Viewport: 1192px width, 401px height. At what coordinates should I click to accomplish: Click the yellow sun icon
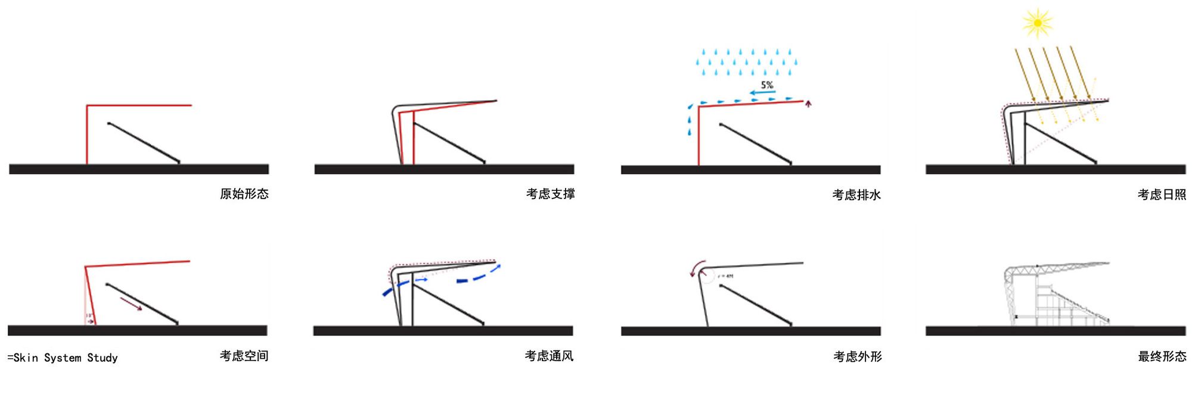click(1037, 23)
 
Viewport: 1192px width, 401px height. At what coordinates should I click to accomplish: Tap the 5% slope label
click(767, 85)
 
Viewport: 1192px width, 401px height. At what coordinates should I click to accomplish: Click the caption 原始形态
click(244, 194)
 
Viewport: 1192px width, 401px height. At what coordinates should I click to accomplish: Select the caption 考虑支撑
click(550, 194)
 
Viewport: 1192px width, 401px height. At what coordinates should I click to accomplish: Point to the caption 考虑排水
click(856, 195)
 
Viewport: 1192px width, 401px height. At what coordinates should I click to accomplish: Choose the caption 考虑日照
click(1162, 194)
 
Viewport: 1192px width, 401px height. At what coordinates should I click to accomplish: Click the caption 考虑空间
click(244, 356)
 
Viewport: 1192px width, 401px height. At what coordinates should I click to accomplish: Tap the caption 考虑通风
click(549, 356)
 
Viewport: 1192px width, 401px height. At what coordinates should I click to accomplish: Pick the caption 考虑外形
click(857, 356)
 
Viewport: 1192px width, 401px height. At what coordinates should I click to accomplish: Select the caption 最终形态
click(1162, 356)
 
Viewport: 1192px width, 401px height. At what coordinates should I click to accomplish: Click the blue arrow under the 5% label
click(762, 93)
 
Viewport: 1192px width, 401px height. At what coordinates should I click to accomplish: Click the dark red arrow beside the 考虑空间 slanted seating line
click(131, 303)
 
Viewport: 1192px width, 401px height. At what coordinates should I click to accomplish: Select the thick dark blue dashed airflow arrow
click(477, 277)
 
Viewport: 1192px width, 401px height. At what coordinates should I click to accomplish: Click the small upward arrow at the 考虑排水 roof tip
click(808, 104)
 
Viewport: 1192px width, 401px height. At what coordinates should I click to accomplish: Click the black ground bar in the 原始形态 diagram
click(139, 169)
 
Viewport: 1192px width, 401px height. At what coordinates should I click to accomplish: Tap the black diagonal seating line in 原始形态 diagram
click(144, 142)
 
